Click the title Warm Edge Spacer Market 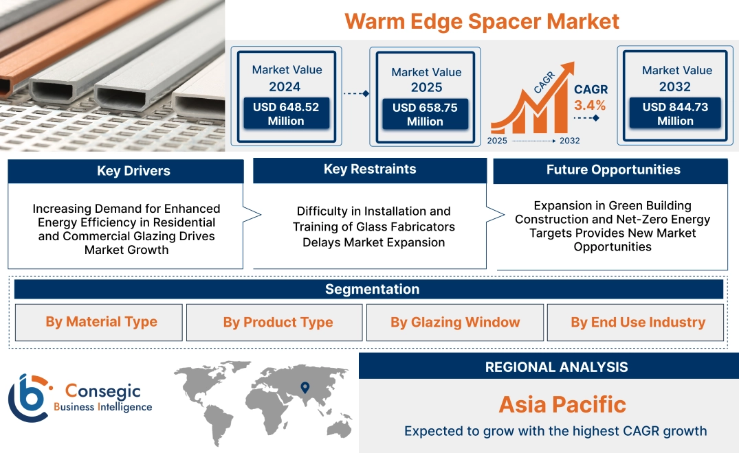pyautogui.click(x=481, y=21)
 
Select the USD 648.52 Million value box pyautogui.click(x=285, y=114)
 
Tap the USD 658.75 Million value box pyautogui.click(x=425, y=115)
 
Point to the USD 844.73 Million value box pyautogui.click(x=675, y=114)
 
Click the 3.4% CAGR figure pyautogui.click(x=590, y=105)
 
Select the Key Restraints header pyautogui.click(x=370, y=170)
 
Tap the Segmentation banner pyautogui.click(x=372, y=289)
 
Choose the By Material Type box pyautogui.click(x=101, y=322)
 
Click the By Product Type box pyautogui.click(x=278, y=323)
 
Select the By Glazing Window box pyautogui.click(x=455, y=323)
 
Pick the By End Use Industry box pyautogui.click(x=637, y=323)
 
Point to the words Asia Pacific pyautogui.click(x=562, y=404)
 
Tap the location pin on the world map pyautogui.click(x=305, y=388)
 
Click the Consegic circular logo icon pyautogui.click(x=29, y=397)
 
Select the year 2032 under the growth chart pyautogui.click(x=570, y=141)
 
